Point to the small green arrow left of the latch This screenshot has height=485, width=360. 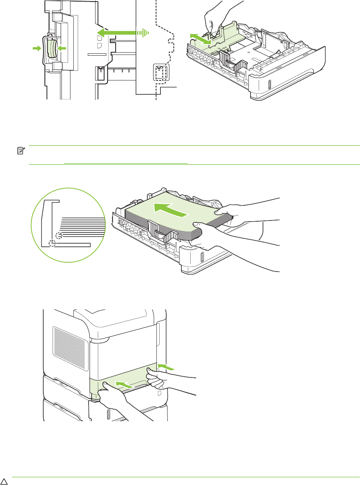37,48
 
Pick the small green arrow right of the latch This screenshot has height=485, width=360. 61,48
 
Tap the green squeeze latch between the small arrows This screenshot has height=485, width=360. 49,49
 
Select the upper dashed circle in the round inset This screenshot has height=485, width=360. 58,236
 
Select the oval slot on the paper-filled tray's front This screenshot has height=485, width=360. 202,258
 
